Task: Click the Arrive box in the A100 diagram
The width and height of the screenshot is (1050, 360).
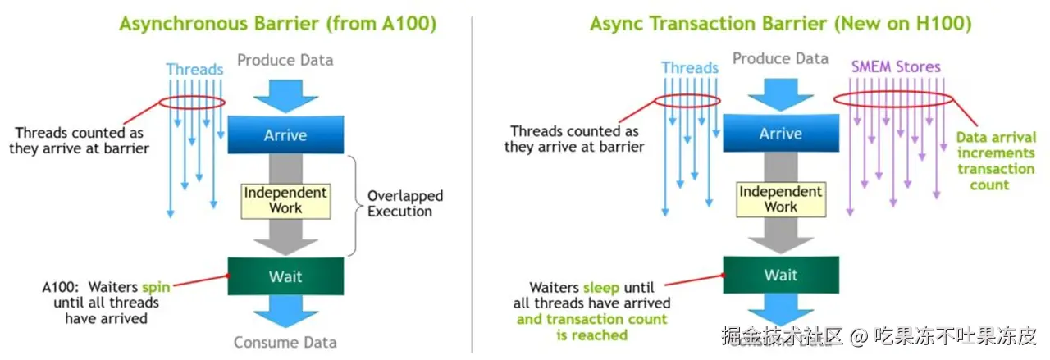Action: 285,135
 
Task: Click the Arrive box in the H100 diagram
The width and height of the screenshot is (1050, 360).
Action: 780,134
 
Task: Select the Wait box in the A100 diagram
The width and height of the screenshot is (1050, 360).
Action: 285,276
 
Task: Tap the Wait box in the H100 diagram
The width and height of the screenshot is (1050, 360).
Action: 780,275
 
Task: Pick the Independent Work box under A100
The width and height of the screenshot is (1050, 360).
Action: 285,201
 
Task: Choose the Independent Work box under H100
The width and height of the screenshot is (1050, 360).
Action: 780,199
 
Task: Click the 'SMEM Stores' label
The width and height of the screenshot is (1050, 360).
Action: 895,66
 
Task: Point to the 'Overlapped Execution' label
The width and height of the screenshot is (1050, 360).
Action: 404,203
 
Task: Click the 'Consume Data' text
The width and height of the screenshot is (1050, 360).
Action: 285,342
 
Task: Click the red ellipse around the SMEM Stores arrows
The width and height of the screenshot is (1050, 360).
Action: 893,100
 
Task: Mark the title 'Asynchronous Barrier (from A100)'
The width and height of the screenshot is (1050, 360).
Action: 277,23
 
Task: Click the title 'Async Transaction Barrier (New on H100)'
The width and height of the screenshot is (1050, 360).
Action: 780,23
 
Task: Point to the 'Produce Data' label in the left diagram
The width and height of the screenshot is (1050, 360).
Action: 285,60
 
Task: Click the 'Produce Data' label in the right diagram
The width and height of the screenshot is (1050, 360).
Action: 780,58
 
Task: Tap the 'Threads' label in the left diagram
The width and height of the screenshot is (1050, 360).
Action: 194,69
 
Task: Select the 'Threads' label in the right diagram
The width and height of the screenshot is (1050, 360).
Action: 690,68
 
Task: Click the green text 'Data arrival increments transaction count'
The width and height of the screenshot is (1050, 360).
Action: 995,161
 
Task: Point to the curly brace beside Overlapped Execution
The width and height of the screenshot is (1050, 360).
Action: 354,204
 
